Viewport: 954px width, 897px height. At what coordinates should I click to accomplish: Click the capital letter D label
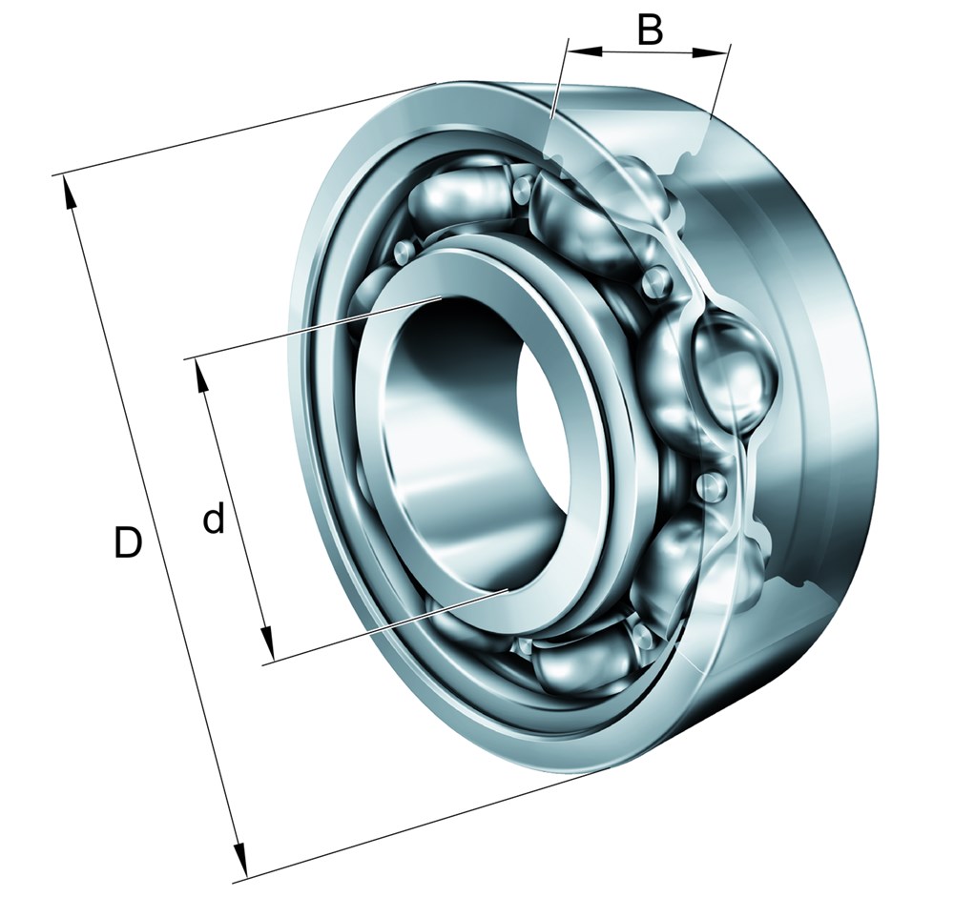pos(128,543)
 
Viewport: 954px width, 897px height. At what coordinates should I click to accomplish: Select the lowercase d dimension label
pos(214,520)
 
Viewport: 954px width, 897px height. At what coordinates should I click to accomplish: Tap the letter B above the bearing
pos(650,30)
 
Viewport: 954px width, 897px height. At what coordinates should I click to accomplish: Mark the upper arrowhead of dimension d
pos(201,376)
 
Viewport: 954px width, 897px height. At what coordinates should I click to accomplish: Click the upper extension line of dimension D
pos(238,130)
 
